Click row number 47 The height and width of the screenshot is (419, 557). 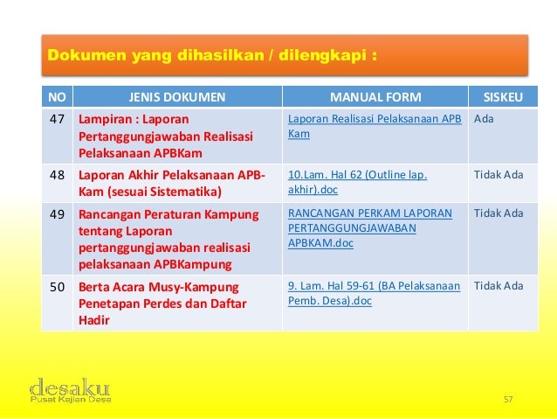coord(57,117)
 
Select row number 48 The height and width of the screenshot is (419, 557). coord(57,174)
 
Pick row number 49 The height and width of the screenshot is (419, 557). coord(57,213)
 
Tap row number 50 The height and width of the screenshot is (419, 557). coord(57,285)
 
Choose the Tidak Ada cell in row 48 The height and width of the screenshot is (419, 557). coord(499,175)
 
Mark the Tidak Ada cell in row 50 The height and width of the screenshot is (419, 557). coord(499,286)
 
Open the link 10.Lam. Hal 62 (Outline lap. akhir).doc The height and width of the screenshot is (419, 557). coord(357,181)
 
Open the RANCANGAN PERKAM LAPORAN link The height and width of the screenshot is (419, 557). coord(370,213)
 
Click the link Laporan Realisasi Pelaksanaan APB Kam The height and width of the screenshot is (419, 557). coord(375,125)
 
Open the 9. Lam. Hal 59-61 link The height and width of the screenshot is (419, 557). coord(374,293)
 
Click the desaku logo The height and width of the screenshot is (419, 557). coord(70,389)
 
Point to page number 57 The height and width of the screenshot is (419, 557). coord(509,400)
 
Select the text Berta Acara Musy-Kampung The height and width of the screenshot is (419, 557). coord(158,286)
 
